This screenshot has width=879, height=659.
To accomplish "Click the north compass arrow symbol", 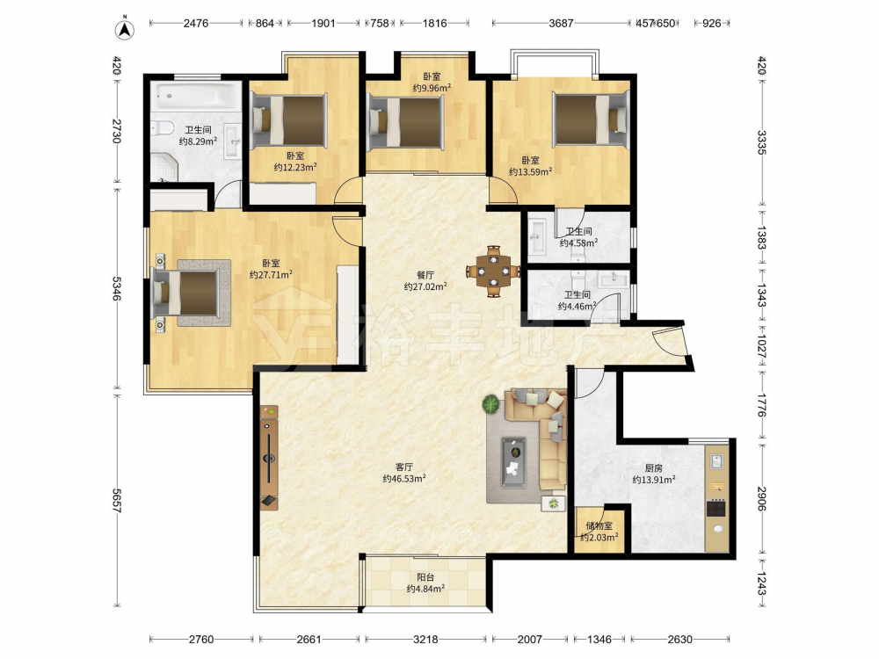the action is (x=125, y=30).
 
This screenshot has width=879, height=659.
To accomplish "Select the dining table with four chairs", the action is (x=493, y=272).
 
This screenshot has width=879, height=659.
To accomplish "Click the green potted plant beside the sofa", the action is (x=491, y=404).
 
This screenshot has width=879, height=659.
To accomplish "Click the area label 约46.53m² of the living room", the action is (x=404, y=479).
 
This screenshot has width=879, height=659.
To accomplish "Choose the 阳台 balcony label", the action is (x=425, y=577).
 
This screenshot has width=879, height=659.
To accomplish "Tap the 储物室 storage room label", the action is (x=599, y=526).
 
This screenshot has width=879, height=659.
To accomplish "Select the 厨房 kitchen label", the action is (x=654, y=468).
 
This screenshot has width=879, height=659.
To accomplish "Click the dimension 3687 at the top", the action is (x=561, y=24).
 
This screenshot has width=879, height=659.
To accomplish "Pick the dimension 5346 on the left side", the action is (x=117, y=288).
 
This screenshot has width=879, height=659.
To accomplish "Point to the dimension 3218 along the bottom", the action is (x=426, y=640).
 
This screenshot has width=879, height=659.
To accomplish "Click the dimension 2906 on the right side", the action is (x=761, y=499).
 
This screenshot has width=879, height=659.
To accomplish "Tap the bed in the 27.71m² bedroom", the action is (x=185, y=293).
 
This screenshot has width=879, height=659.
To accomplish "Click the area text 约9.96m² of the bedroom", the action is (x=432, y=88).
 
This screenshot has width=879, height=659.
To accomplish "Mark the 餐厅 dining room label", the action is (x=425, y=275).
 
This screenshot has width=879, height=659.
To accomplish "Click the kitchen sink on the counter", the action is (x=717, y=461).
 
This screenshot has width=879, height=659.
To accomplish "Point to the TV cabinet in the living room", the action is (x=269, y=457).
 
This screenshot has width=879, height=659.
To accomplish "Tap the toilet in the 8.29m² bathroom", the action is (x=161, y=129).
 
